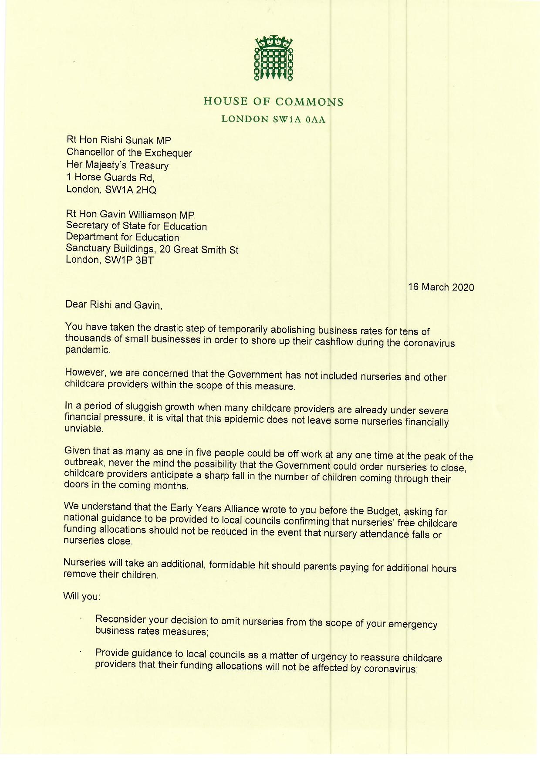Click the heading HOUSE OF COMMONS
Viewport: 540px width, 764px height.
[273, 102]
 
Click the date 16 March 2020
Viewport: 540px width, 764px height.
[441, 287]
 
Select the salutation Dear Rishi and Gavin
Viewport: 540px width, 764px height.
[114, 304]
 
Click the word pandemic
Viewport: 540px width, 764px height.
[87, 350]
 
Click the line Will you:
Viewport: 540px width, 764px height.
[82, 596]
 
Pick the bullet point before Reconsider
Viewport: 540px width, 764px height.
[81, 618]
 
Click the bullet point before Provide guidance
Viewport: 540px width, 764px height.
[81, 652]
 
